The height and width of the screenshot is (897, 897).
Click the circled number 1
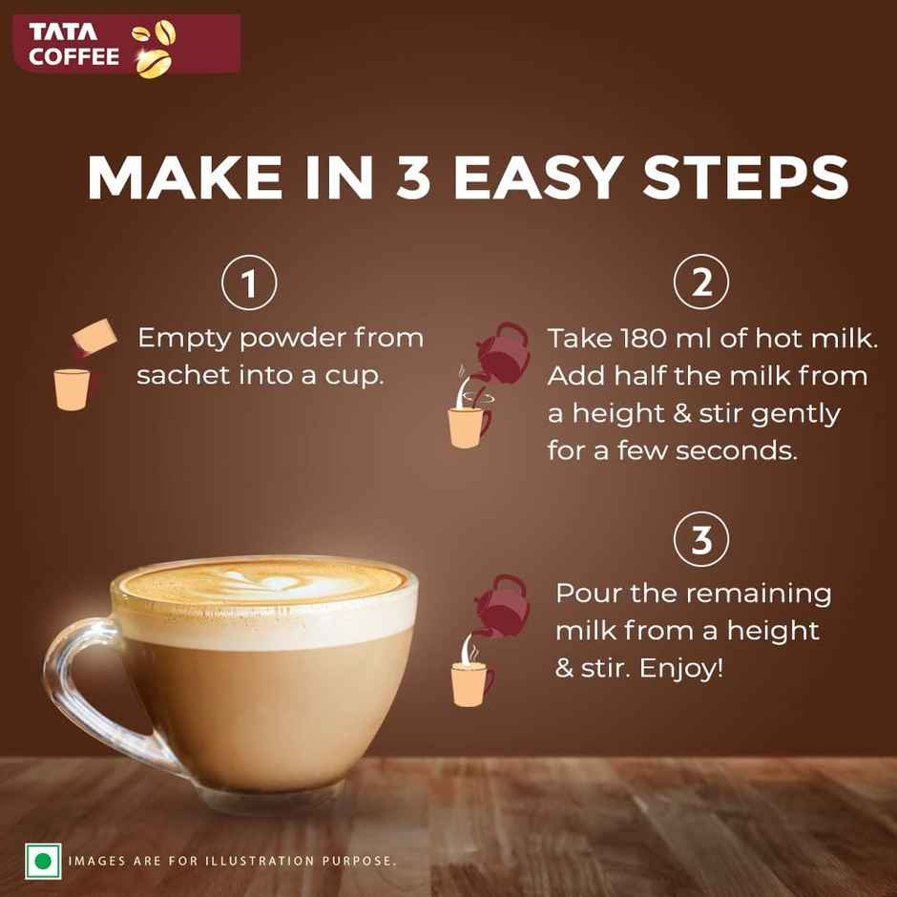pos(249,283)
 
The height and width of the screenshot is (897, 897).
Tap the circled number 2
pos(701,283)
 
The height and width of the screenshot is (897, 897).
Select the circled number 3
pos(701,540)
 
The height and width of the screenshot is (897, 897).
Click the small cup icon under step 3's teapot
pos(471,680)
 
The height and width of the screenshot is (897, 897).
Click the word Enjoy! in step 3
pos(681,668)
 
